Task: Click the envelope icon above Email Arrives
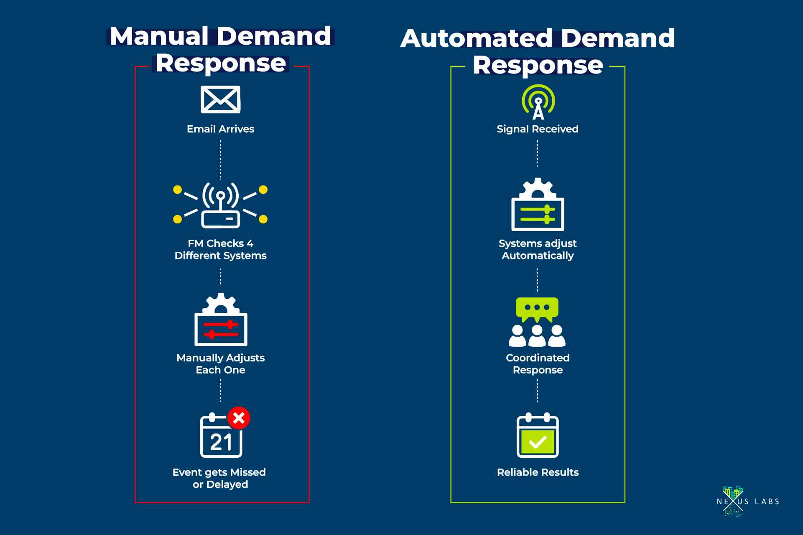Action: click(220, 99)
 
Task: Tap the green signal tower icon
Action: click(538, 102)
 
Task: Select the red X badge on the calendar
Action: click(239, 418)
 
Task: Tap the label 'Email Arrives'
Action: click(220, 129)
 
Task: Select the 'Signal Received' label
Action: click(538, 129)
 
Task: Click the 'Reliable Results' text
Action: click(538, 472)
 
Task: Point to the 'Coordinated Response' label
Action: click(538, 364)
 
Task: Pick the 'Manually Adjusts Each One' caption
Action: click(220, 364)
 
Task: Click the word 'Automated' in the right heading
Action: click(477, 38)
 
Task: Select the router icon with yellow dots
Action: click(220, 205)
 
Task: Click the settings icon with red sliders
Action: click(221, 320)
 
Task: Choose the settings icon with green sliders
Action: click(538, 205)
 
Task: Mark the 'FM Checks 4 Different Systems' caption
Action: click(220, 249)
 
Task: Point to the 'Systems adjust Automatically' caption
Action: click(538, 249)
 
